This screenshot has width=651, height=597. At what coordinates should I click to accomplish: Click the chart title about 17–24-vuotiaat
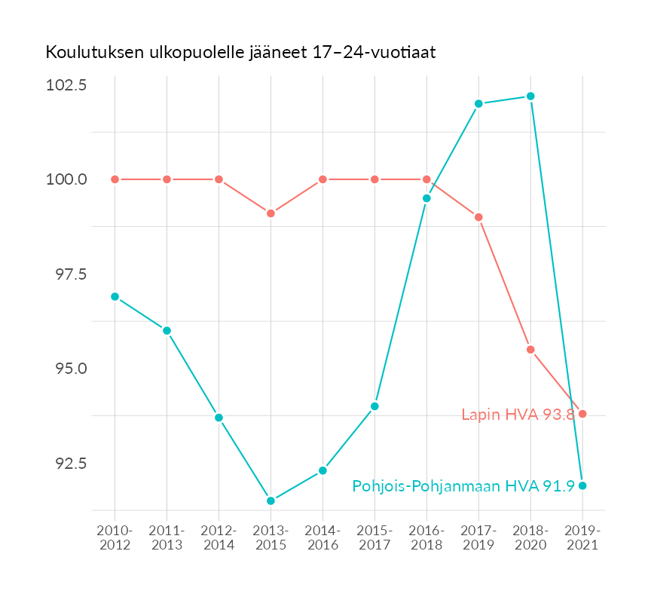coord(241,53)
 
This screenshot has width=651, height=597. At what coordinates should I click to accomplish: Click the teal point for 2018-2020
coord(530,96)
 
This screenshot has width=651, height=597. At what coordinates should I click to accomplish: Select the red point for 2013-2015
coord(270,213)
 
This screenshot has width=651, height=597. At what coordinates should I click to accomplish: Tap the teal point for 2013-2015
coord(270,501)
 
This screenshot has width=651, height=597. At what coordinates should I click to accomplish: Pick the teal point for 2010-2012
coord(115,297)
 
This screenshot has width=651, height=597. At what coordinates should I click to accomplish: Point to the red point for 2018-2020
coord(530,350)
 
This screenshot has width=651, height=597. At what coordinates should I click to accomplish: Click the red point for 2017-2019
coord(478,217)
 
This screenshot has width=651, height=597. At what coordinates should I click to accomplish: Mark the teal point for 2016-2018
coord(426,198)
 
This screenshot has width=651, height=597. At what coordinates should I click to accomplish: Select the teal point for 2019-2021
coord(582,485)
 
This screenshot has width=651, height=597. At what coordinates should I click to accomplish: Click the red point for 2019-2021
coord(582,414)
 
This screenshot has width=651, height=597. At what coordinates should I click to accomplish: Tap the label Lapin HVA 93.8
coord(518,415)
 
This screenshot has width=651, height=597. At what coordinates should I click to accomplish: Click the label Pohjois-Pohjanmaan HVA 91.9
coord(463,486)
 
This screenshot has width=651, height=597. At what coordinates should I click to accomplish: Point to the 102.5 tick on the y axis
coord(66,84)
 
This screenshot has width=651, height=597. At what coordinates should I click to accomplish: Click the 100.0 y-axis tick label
coord(66,179)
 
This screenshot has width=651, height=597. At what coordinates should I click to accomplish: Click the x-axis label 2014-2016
coord(322,537)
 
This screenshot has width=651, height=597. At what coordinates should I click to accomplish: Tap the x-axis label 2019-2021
coord(582,537)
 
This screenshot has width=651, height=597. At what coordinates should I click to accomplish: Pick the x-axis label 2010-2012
coord(115,537)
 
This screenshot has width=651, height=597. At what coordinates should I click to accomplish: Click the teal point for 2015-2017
coord(374,406)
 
